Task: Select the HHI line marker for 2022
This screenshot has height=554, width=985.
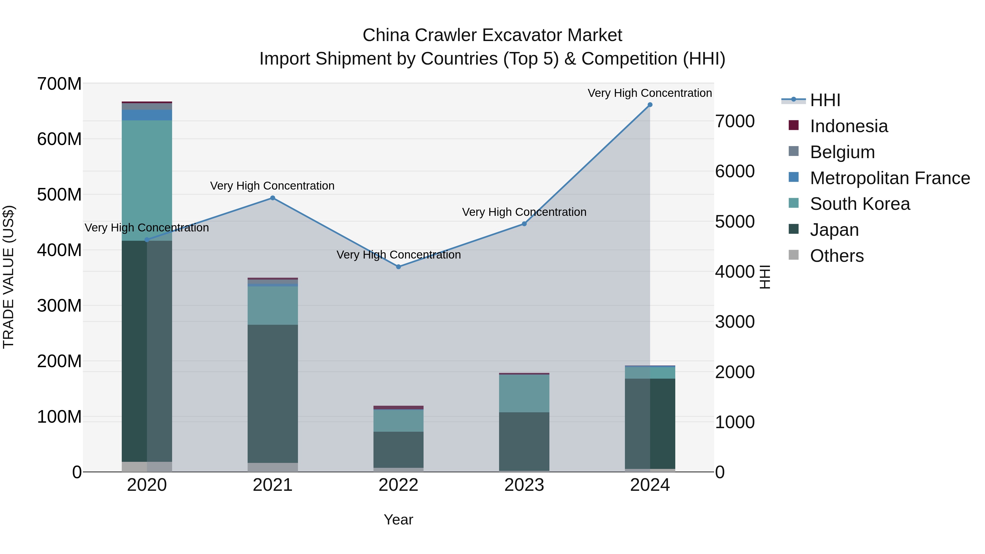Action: (x=398, y=267)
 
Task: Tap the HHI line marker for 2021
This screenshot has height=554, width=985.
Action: (x=273, y=198)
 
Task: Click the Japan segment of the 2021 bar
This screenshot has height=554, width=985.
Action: (x=273, y=394)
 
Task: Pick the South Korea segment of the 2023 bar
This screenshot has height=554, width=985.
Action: (x=524, y=393)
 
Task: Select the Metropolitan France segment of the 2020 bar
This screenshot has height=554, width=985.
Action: (x=147, y=115)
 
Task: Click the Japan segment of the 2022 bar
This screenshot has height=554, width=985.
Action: (x=398, y=449)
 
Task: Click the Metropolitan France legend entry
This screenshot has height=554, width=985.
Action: (x=879, y=178)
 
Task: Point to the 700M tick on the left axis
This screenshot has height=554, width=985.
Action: (x=59, y=84)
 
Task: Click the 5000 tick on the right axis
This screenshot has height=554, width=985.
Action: (x=735, y=222)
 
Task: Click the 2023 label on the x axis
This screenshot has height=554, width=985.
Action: (x=524, y=485)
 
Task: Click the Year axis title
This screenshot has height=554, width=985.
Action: (x=398, y=520)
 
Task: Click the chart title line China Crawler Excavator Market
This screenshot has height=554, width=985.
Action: (x=492, y=35)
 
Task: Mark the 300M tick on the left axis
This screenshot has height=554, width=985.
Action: (x=59, y=306)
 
